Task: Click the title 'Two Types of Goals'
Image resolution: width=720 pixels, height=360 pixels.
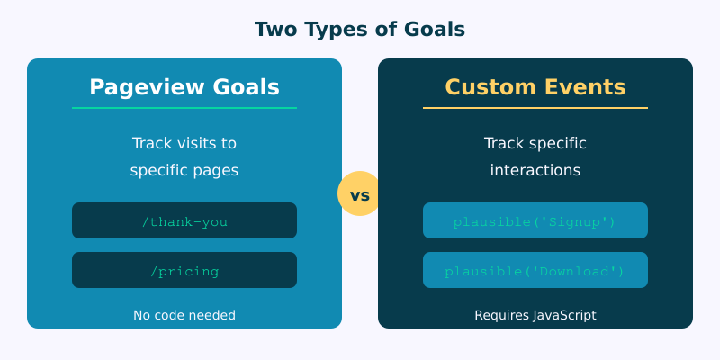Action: coord(360,29)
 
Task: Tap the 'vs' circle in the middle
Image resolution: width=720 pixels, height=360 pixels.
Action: coord(360,193)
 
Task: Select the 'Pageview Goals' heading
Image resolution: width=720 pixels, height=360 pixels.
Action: coord(184,87)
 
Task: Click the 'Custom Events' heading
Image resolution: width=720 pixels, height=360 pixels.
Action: coord(535,87)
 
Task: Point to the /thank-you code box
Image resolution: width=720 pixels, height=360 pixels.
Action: coord(184,220)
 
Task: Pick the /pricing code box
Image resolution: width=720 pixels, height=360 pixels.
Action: coord(184,270)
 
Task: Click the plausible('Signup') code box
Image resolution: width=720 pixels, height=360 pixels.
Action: coord(535,220)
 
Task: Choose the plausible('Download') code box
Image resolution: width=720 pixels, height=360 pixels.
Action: coord(535,270)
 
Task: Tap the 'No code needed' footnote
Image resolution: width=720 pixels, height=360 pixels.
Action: coord(184,315)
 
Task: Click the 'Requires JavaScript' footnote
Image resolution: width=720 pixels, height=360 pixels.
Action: coord(535,315)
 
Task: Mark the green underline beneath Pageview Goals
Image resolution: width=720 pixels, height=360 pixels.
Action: coord(184,108)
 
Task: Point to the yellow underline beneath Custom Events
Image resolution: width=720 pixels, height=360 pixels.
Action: coord(535,108)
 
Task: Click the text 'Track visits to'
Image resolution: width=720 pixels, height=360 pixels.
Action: coord(184,143)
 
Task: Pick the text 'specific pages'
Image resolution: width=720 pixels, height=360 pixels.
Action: coord(184,170)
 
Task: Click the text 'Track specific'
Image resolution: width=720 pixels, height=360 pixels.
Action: coord(535,143)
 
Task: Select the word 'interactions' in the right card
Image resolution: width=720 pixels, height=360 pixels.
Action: coord(535,170)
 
